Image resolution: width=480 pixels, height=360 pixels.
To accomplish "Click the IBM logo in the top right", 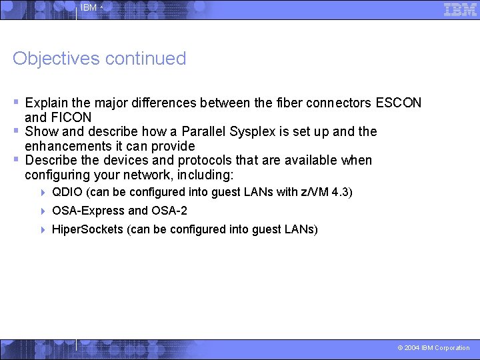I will [460, 9].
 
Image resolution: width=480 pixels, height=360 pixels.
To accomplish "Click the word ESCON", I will [399, 103].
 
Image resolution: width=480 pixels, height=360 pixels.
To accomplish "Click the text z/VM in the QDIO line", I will [315, 193].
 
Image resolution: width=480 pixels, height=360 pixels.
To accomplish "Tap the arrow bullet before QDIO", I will [43, 193].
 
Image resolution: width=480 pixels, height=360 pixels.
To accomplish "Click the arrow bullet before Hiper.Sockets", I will [43, 229].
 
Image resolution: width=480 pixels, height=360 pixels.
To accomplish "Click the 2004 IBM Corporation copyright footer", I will [433, 348].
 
